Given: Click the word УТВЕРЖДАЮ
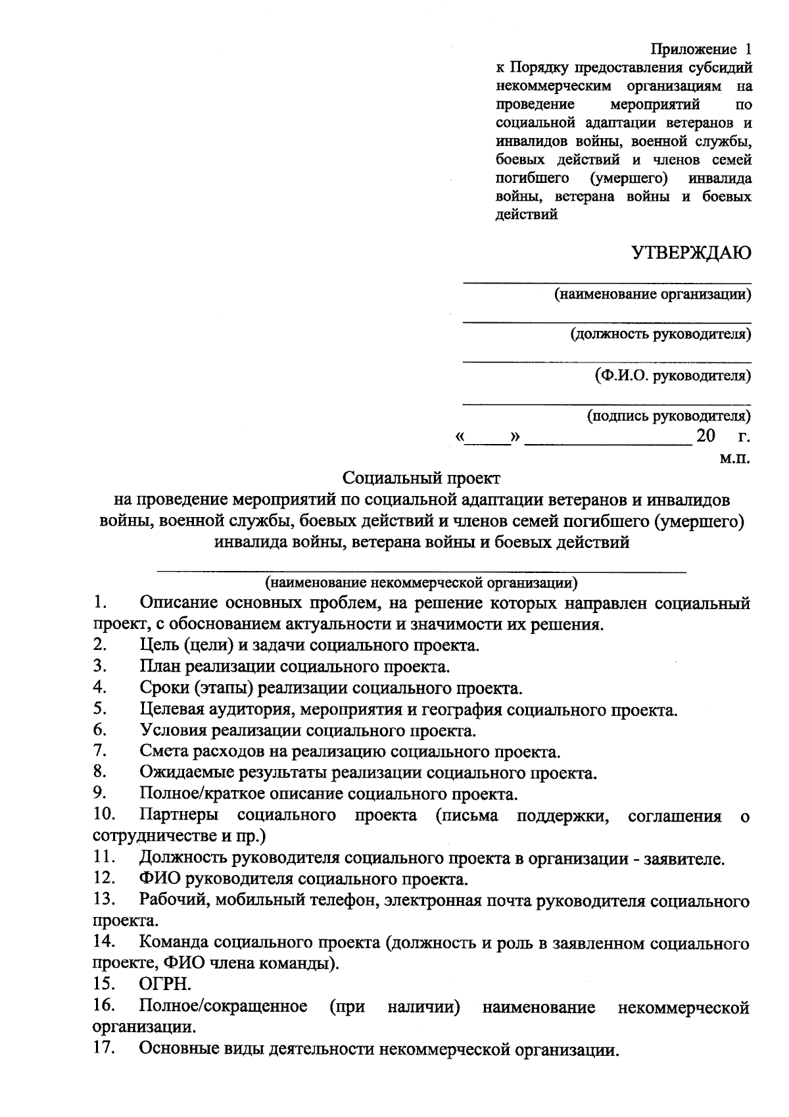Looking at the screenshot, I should coord(691,253).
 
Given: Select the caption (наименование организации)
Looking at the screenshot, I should coord(652,294).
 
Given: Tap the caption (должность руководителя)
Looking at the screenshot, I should coord(660,334).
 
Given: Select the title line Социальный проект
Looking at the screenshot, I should coord(422,478).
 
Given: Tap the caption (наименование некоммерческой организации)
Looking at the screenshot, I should coord(421,582).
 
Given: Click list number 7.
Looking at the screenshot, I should coord(100,750).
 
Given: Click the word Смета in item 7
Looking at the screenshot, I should coord(163,751).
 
